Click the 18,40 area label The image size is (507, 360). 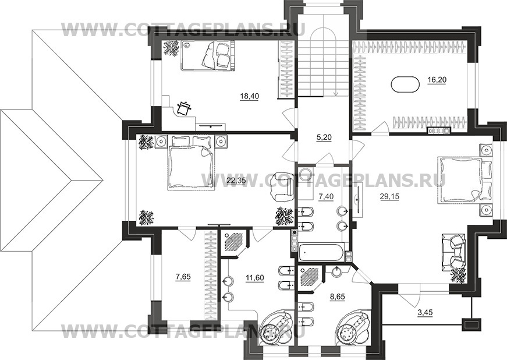pyautogui.click(x=250, y=96)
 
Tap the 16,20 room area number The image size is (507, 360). pyautogui.click(x=437, y=80)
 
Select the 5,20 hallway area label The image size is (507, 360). pyautogui.click(x=323, y=137)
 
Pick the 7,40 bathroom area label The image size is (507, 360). pyautogui.click(x=325, y=196)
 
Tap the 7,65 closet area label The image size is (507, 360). pyautogui.click(x=183, y=277)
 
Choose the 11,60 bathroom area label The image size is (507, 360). pyautogui.click(x=255, y=277)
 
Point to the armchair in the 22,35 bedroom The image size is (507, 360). pyautogui.click(x=281, y=186)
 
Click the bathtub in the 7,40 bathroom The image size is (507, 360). pyautogui.click(x=321, y=253)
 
